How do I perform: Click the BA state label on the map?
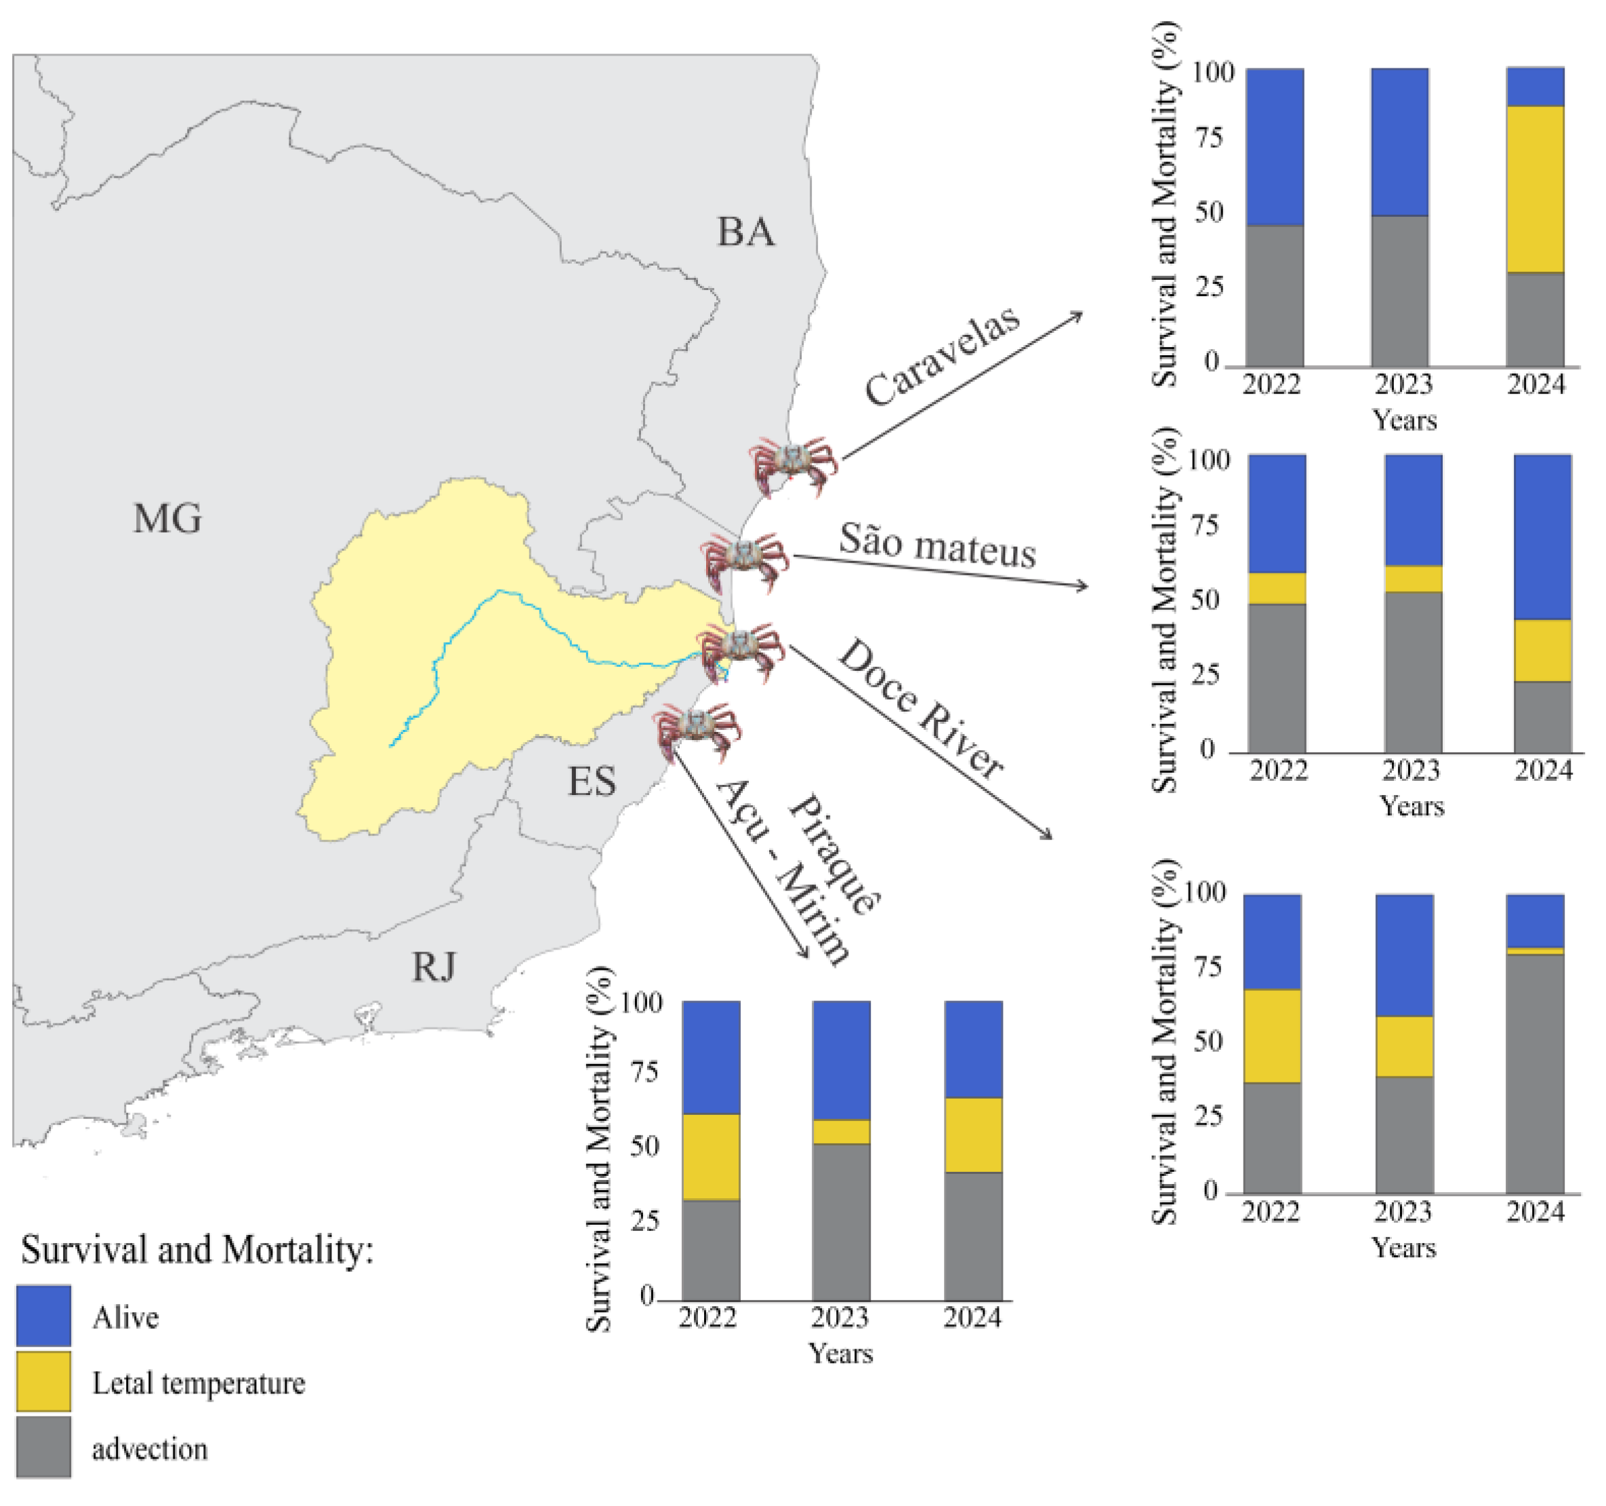[745, 232]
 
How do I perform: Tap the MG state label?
[167, 518]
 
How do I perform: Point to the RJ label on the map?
[434, 967]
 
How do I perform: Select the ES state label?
[592, 781]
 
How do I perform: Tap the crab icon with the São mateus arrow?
[744, 561]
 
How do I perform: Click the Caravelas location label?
[942, 357]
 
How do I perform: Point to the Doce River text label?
[921, 708]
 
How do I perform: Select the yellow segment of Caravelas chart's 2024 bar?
[1535, 189]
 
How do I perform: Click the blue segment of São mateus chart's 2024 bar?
[1542, 537]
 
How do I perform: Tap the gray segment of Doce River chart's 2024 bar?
[1535, 1074]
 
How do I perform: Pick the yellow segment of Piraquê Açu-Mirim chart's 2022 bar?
[711, 1157]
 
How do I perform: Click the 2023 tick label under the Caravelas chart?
[1403, 384]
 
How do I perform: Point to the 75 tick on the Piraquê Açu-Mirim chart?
[644, 1072]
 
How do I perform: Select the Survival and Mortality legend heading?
[197, 1250]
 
